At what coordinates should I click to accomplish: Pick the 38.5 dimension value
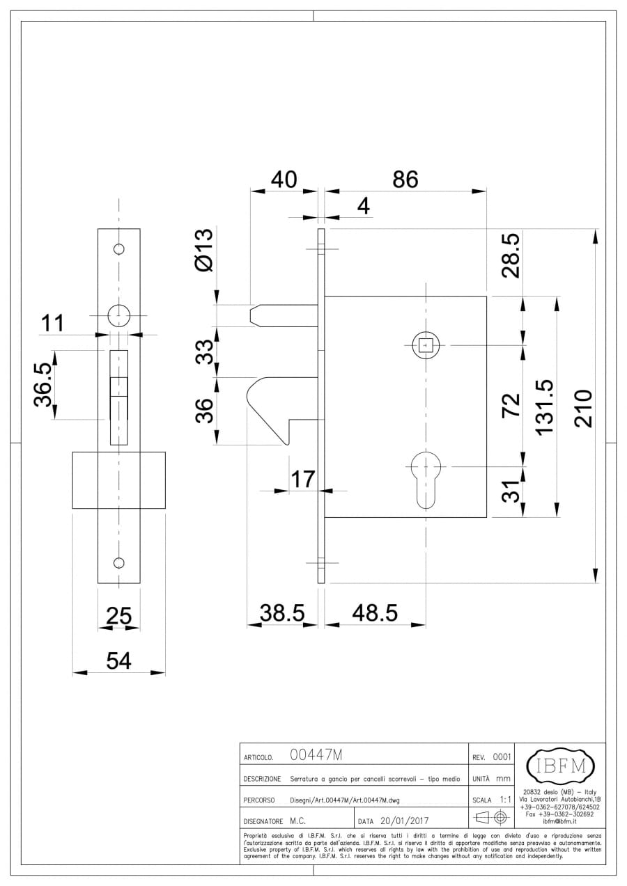tap(282, 612)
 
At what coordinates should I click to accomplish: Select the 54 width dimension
tap(118, 660)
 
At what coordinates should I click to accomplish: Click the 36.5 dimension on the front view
tap(42, 384)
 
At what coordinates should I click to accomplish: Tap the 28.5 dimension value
tap(511, 255)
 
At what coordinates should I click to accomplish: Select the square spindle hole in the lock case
tap(425, 345)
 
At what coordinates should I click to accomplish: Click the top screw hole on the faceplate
tap(119, 248)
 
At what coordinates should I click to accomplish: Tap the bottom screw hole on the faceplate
tap(119, 562)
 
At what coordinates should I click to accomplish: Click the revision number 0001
tap(502, 757)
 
